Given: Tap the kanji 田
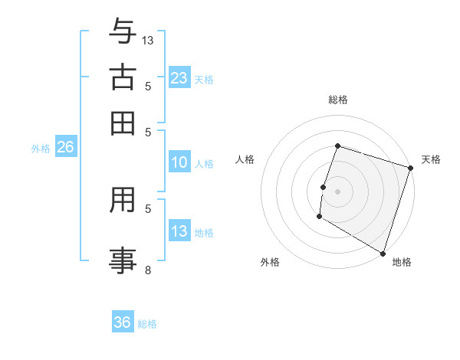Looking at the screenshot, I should [123, 123].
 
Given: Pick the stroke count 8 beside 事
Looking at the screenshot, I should [148, 270].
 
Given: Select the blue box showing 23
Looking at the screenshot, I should [179, 78].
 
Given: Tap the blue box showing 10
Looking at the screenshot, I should [179, 162].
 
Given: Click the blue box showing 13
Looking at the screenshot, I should [179, 231].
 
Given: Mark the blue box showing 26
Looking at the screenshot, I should [65, 148].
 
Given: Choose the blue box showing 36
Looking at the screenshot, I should [122, 322].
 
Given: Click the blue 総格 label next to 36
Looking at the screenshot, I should [147, 324].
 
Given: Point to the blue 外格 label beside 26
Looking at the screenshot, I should [41, 149].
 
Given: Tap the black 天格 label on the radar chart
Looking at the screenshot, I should [431, 159].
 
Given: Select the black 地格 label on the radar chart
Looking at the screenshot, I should [402, 262].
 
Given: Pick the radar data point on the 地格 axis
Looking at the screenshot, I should [383, 252].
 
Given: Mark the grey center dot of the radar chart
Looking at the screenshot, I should [337, 191].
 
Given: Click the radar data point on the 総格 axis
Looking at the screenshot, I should [337, 146].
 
